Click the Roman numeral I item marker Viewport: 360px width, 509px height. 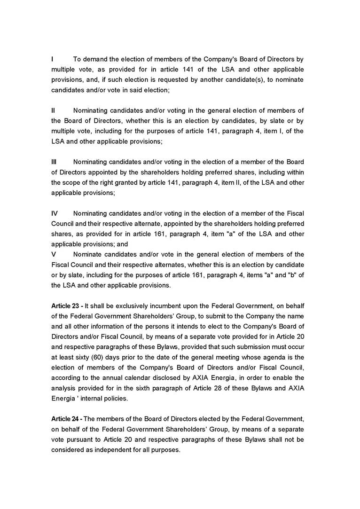click(x=52, y=59)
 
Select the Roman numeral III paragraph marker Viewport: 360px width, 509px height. click(x=54, y=162)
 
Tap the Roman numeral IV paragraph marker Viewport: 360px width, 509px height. click(x=55, y=213)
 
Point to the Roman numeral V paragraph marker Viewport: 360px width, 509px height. click(x=53, y=254)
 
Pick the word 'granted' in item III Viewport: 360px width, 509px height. click(x=119, y=182)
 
